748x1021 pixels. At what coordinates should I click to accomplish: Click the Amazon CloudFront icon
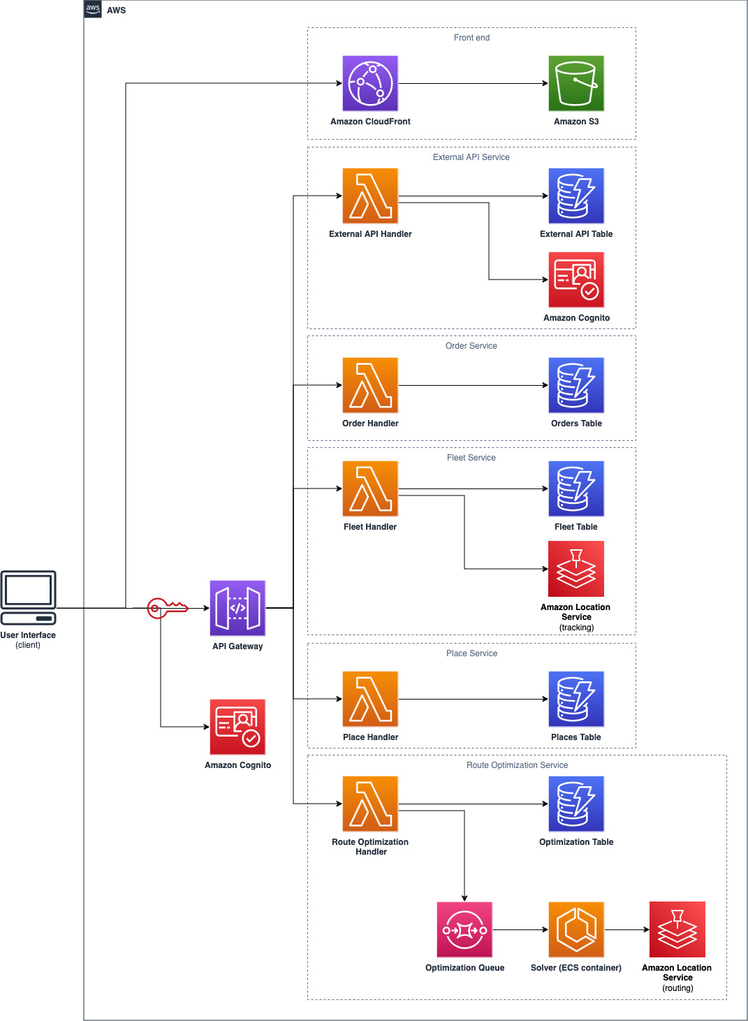click(x=370, y=84)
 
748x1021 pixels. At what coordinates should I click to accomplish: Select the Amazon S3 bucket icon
click(x=576, y=84)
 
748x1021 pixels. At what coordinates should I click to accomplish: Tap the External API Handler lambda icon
click(x=370, y=196)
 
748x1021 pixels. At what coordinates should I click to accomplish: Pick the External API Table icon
click(x=576, y=196)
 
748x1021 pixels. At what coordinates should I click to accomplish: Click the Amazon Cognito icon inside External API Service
click(x=576, y=280)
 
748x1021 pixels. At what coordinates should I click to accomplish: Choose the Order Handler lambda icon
click(x=370, y=385)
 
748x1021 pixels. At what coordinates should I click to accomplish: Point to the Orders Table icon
click(x=576, y=385)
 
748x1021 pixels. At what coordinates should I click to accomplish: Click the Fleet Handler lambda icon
click(x=370, y=488)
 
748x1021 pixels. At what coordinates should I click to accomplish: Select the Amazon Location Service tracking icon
click(x=576, y=569)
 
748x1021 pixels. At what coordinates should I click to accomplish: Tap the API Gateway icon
click(x=237, y=608)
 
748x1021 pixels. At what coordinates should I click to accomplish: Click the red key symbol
click(x=166, y=608)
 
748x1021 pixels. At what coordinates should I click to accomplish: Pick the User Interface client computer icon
click(x=29, y=598)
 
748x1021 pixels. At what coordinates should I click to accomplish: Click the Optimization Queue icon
click(x=464, y=929)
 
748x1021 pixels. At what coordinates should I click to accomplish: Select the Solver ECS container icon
click(x=576, y=929)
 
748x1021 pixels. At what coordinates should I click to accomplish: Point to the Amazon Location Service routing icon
click(x=677, y=929)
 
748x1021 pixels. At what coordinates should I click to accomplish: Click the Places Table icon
click(x=576, y=699)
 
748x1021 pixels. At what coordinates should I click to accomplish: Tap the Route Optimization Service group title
click(x=517, y=765)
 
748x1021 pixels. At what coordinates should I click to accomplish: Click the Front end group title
click(x=471, y=38)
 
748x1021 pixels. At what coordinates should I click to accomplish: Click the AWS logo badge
click(x=93, y=9)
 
